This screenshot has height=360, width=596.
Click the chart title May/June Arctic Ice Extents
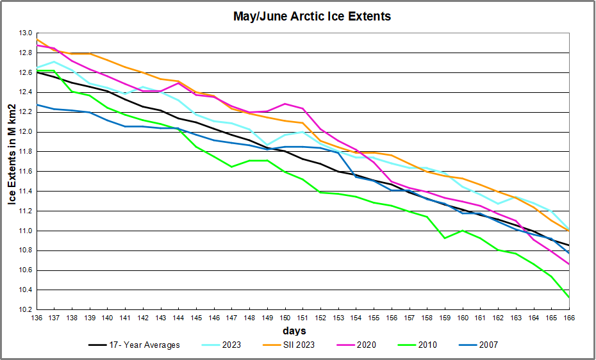click(x=311, y=17)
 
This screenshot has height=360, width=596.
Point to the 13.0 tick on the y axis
click(x=26, y=33)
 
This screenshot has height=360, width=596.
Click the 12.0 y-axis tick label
click(x=26, y=132)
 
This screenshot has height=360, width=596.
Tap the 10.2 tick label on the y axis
click(x=26, y=310)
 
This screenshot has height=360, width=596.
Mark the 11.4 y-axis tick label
click(x=26, y=192)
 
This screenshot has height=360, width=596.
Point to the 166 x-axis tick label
click(x=568, y=317)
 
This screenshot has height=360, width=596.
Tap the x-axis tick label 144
click(x=178, y=317)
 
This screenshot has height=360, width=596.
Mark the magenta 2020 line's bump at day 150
click(x=285, y=104)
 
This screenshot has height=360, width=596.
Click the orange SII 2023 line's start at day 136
click(x=37, y=40)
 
